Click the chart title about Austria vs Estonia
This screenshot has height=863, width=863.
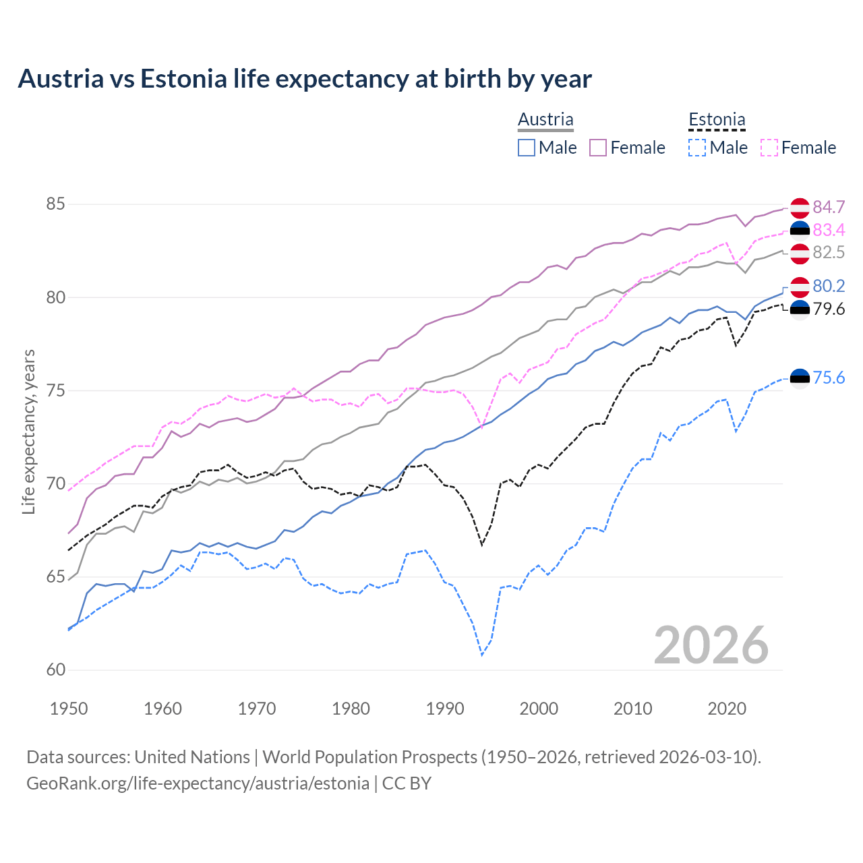[x=305, y=79]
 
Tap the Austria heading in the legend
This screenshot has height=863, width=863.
[x=545, y=119]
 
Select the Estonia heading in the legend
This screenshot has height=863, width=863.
[x=717, y=119]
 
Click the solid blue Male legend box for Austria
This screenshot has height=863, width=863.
[x=527, y=148]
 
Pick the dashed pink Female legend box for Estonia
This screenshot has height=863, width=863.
[x=769, y=148]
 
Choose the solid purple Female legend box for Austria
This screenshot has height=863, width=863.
[x=598, y=148]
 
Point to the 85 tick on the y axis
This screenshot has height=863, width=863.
[x=55, y=204]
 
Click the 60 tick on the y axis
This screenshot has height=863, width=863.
[x=55, y=669]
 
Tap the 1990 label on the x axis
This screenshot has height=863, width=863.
[x=445, y=709]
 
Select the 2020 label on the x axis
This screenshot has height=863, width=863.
[x=727, y=709]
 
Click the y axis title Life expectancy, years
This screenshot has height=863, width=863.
[x=29, y=431]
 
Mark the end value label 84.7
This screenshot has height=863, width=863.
[x=829, y=207]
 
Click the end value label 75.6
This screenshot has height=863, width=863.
[x=829, y=378]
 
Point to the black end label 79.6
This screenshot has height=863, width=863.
[x=829, y=309]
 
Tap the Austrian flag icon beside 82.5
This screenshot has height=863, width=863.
[x=800, y=253]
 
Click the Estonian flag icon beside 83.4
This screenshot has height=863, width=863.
[x=800, y=231]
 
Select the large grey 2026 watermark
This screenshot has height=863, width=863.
[x=711, y=645]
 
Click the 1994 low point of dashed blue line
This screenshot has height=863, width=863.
[x=482, y=655]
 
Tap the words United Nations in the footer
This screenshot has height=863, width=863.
[x=192, y=757]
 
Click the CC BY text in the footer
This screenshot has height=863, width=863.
[x=407, y=783]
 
